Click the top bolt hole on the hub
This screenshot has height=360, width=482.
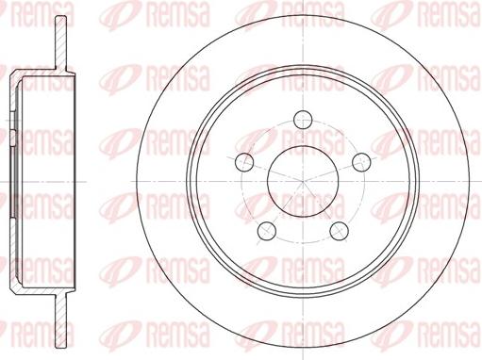303,120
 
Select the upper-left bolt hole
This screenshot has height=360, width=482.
244,162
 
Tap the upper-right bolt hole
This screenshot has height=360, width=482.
361,162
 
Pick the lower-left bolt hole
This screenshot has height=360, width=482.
267,231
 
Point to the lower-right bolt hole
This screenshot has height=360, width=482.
339,231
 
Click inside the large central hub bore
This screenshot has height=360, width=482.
303,181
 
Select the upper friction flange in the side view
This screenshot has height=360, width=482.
61,42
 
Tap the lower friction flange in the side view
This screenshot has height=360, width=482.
61,320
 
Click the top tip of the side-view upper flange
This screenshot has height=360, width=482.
61,16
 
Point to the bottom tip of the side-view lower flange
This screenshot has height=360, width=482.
61,348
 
